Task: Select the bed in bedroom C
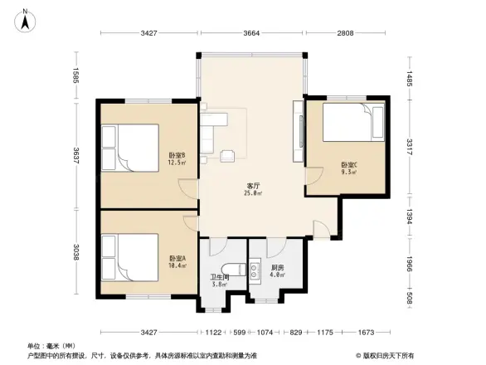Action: (x=353, y=124)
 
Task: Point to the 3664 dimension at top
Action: (x=252, y=34)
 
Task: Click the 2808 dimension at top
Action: (x=346, y=34)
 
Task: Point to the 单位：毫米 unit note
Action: (x=51, y=345)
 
